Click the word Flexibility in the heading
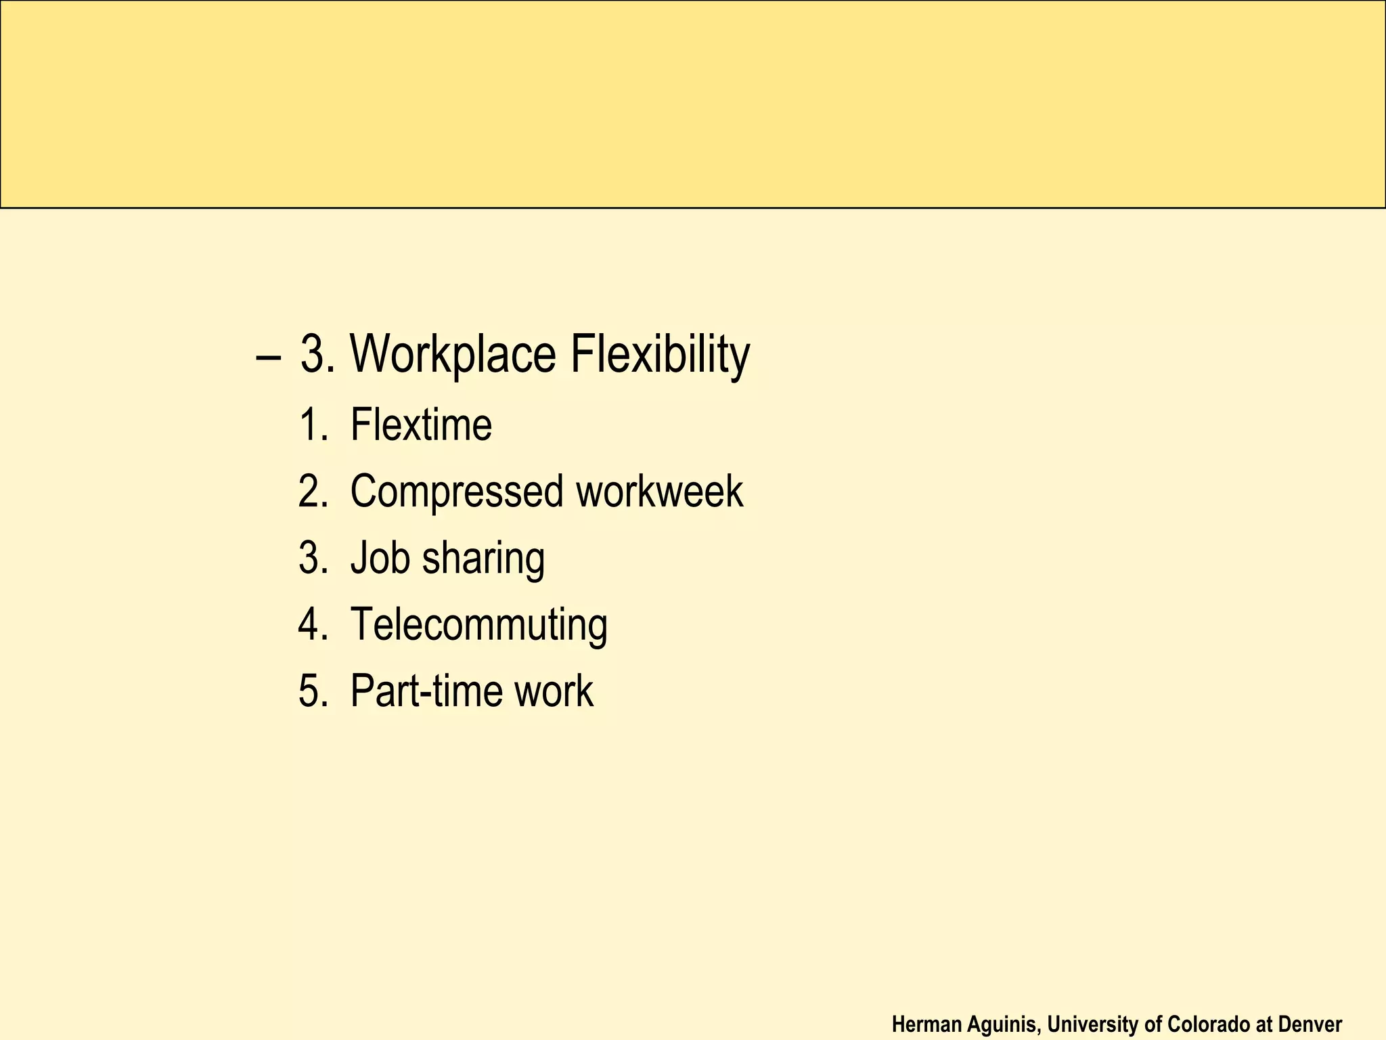tap(660, 355)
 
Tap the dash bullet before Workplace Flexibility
tap(269, 357)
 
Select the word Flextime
tap(421, 425)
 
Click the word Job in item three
tap(380, 558)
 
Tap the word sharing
tap(483, 559)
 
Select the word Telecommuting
tap(478, 625)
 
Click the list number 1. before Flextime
tap(313, 425)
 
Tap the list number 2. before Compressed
tap(313, 492)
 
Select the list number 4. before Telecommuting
tap(313, 624)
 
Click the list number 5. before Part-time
tap(313, 691)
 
